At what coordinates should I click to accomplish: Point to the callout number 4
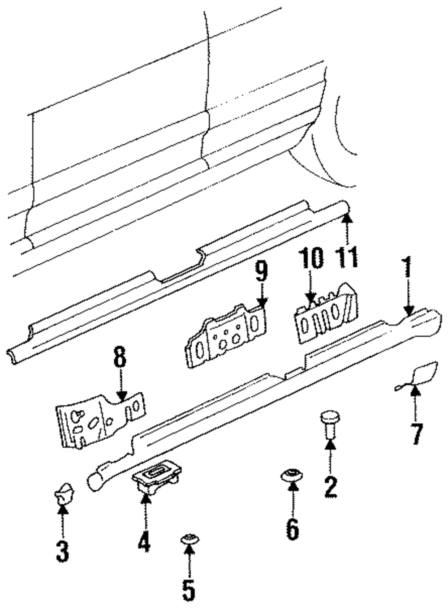point(144,540)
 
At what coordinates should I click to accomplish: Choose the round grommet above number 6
point(292,474)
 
